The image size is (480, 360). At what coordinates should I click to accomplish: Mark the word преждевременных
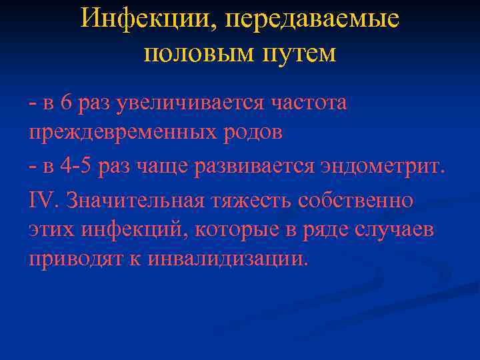tap(120, 133)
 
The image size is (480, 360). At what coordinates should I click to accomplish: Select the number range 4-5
tap(76, 165)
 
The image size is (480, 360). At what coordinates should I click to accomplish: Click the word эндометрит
tap(379, 165)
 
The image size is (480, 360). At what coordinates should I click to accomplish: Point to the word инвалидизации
tap(218, 259)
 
